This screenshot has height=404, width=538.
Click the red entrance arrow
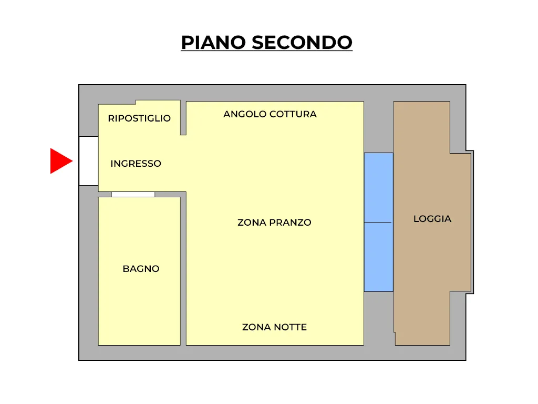[61, 161]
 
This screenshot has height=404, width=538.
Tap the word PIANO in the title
[213, 43]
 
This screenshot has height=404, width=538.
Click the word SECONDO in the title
[302, 43]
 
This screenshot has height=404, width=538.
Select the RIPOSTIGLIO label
[139, 118]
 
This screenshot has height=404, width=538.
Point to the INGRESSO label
[136, 164]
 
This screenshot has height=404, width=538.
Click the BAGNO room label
[141, 269]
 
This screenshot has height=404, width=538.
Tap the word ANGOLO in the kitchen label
[245, 114]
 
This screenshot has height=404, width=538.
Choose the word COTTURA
[293, 114]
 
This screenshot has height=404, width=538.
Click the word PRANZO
[290, 223]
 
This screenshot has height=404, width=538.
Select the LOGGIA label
[432, 219]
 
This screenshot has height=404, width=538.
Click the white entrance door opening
[89, 161]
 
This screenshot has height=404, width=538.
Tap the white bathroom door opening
[133, 195]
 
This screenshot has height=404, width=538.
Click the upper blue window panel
[378, 188]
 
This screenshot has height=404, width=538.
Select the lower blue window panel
[378, 257]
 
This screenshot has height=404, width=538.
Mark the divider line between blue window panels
[378, 223]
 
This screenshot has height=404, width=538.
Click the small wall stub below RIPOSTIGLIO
[183, 118]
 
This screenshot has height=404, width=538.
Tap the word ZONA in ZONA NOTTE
[256, 327]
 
